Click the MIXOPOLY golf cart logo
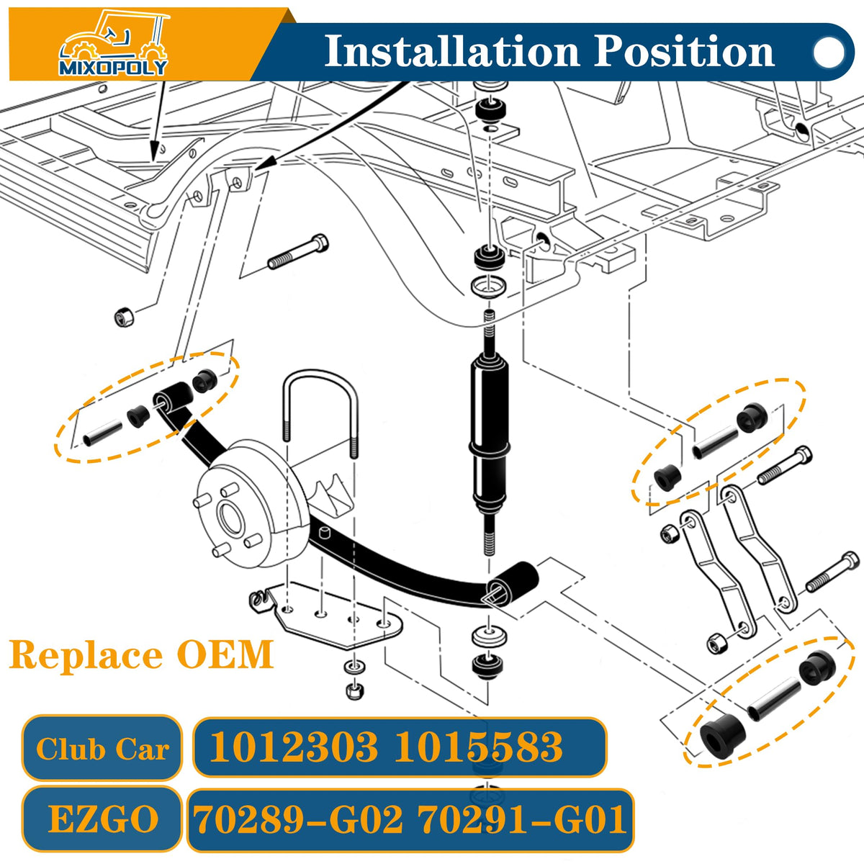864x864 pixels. (114, 43)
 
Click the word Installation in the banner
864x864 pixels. (451, 52)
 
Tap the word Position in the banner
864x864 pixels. (685, 52)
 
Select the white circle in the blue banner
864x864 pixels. (829, 52)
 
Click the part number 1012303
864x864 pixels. (294, 747)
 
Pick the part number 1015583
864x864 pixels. (478, 747)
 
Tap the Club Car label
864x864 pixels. (103, 749)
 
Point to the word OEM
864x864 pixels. (225, 654)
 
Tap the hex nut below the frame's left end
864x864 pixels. (124, 318)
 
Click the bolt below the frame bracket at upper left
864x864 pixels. (298, 252)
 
